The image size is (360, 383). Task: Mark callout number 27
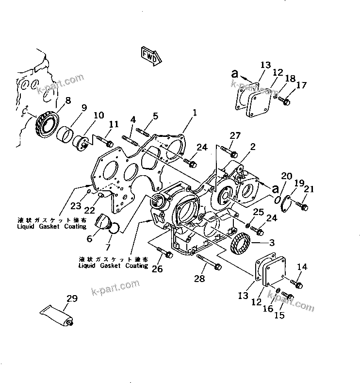point(234,135)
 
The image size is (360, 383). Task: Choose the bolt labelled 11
point(104,141)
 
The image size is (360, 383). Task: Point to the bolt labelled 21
point(302,206)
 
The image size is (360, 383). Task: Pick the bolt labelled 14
point(296,283)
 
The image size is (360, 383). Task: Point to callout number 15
point(280,316)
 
